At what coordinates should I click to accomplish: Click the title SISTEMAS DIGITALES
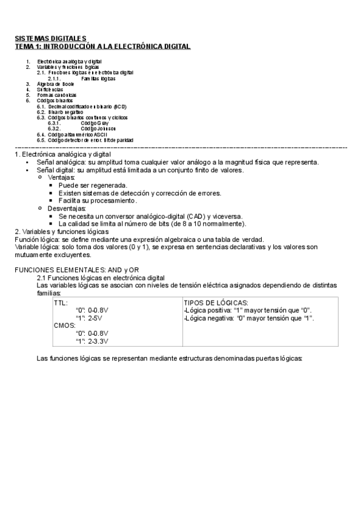tap(51, 38)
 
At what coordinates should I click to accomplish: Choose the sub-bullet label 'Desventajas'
tap(67, 208)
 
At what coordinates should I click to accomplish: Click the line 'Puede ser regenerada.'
tap(93, 185)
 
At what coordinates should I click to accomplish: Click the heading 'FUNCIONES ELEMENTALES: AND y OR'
tap(76, 269)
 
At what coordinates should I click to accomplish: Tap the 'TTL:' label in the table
tap(61, 302)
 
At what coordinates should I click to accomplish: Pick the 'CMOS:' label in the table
tap(64, 325)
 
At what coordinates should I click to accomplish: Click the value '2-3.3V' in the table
tap(98, 341)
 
